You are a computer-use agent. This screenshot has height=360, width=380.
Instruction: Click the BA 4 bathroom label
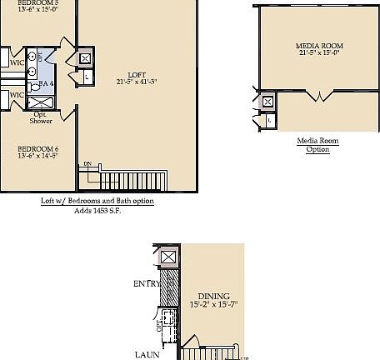pyautogui.click(x=47, y=84)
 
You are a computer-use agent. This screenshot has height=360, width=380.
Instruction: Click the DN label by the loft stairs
pyautogui.click(x=87, y=163)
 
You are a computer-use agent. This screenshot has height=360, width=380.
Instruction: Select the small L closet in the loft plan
pyautogui.click(x=88, y=77)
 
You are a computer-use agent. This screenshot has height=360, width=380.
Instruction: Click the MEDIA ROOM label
pyautogui.click(x=320, y=45)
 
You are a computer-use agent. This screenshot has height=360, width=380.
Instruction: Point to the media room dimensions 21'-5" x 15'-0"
pyautogui.click(x=320, y=53)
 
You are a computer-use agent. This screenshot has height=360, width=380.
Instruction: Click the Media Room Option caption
pyautogui.click(x=317, y=145)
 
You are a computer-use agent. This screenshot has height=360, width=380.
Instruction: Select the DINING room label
pyautogui.click(x=212, y=296)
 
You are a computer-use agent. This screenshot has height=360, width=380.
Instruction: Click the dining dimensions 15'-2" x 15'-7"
pyautogui.click(x=212, y=305)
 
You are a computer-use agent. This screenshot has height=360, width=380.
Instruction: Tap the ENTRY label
pyautogui.click(x=146, y=284)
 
